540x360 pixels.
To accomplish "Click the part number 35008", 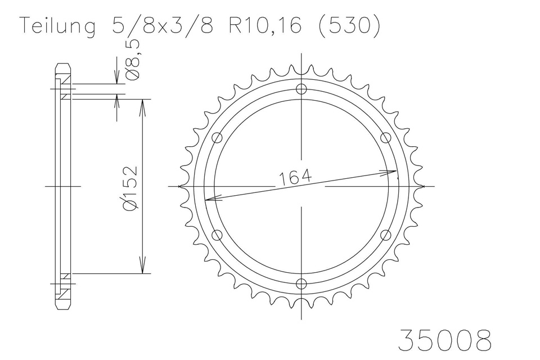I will point(444,340).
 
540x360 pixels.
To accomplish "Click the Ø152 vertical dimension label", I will point(130,188).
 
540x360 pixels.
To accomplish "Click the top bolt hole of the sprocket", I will point(302,89).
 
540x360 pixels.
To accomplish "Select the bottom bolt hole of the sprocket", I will point(302,283).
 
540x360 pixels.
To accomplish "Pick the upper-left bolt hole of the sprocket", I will point(218,137).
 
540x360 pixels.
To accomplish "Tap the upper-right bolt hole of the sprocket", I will point(386,137).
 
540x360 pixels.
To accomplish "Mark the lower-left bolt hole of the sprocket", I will point(218,235).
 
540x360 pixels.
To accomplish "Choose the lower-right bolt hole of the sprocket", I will point(386,235).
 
